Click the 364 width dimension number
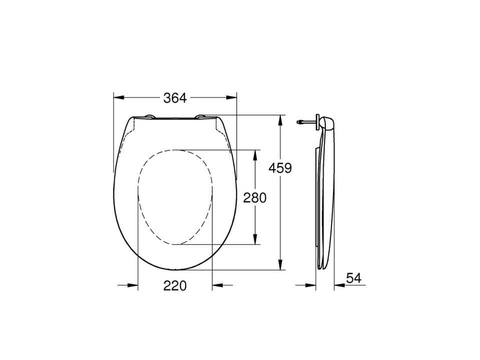tap(175, 98)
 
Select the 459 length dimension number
tap(280, 168)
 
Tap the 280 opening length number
tap(255, 198)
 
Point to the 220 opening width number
tap(175, 285)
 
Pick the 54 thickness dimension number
tap(353, 278)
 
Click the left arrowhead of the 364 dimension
tap(119, 98)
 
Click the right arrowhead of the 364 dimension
tap(231, 98)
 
